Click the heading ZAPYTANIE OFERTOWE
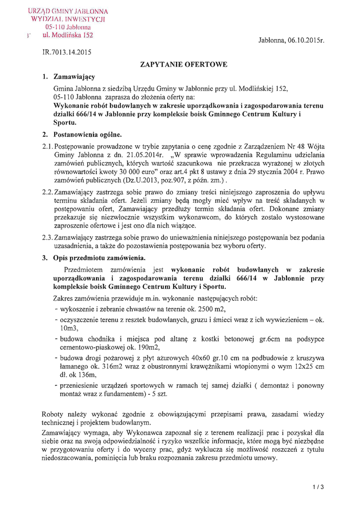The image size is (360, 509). (x=184, y=64)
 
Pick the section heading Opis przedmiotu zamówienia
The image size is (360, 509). (x=99, y=258)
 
